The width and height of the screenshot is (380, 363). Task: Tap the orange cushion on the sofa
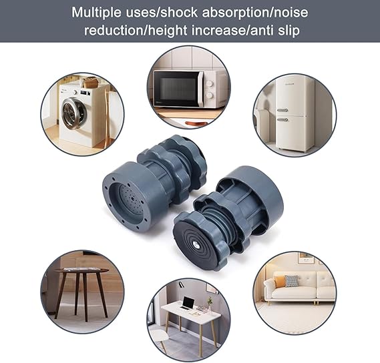[291, 281]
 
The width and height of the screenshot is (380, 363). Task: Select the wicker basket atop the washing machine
[88, 83]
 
